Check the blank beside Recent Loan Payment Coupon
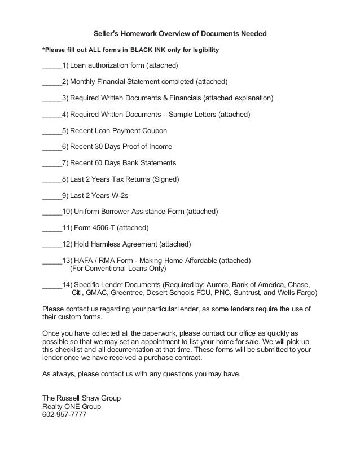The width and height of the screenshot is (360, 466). pos(52,131)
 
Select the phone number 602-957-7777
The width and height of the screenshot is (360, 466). pos(64,415)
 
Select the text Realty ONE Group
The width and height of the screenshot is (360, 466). pos(72,406)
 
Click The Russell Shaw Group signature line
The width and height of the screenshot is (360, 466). pos(82,398)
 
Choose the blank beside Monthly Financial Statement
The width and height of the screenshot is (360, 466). pos(52,82)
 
